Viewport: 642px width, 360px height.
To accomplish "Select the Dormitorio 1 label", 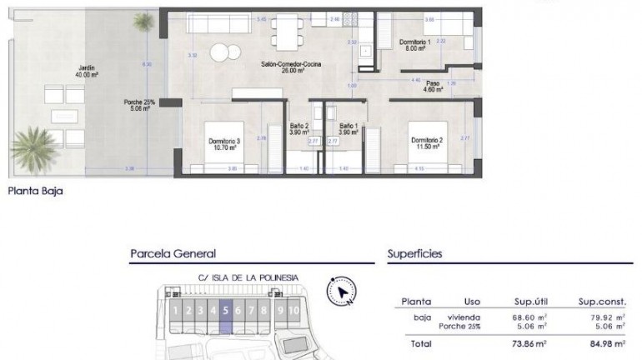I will pos(414,46).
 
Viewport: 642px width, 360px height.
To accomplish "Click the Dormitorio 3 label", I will pos(224,145).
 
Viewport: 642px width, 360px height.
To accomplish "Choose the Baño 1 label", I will pos(348,129).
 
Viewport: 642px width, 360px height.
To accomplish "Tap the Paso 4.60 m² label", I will pos(433,87).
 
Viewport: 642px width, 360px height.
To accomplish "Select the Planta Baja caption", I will pos(35,191).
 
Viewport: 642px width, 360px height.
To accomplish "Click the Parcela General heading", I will pos(173,254).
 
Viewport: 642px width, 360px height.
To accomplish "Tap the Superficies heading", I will pos(414,254).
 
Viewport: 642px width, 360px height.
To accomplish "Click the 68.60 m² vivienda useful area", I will pos(529,317).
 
